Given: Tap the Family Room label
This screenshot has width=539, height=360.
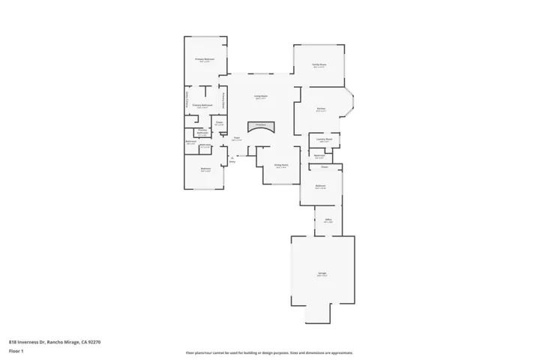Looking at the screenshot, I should [x=319, y=65].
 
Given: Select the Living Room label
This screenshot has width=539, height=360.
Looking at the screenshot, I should [x=260, y=96].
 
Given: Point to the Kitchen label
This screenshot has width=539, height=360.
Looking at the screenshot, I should [x=321, y=109].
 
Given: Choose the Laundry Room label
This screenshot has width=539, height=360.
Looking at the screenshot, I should [x=324, y=139].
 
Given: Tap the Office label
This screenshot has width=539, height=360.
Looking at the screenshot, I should [x=328, y=220].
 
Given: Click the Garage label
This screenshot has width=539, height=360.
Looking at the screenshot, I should [x=322, y=274].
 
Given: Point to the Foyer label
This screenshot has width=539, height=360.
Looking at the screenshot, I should [x=236, y=138].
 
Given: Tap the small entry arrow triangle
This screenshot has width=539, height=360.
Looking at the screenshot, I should [x=233, y=157].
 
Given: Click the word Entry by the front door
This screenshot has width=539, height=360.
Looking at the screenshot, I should [x=232, y=161].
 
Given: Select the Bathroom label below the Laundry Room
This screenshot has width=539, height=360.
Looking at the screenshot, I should [x=319, y=155].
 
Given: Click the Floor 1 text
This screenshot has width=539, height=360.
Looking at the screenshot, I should [x=16, y=350].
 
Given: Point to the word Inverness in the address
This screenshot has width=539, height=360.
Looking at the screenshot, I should [x=32, y=342].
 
